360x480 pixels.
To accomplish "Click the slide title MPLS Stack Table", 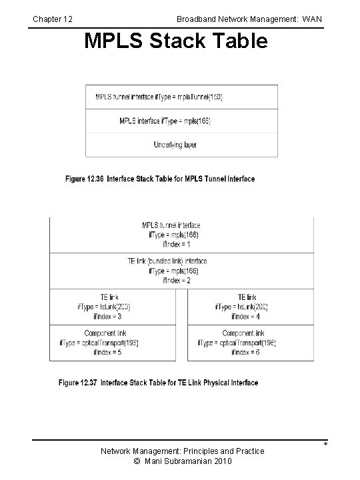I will click(176, 41).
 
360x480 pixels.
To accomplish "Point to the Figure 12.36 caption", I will click(160, 179).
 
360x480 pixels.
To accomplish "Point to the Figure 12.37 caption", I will click(159, 383).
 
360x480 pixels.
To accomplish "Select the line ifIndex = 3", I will click(103, 317).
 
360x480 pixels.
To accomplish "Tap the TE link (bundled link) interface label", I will click(167, 261).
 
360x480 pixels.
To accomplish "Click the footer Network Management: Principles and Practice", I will click(182, 451).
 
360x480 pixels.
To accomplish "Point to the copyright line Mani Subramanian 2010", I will click(182, 462).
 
